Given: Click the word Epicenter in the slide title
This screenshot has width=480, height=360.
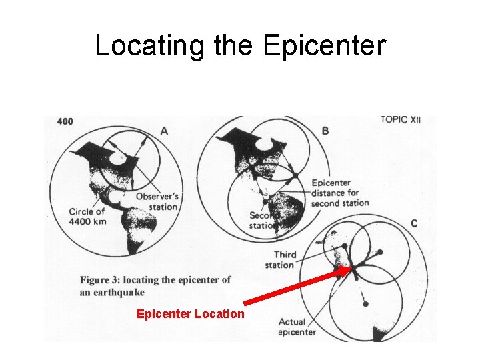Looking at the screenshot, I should click(324, 46).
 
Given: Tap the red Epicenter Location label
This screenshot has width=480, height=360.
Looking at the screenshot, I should click(190, 313).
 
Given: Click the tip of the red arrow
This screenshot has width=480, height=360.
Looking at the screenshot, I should click(348, 269).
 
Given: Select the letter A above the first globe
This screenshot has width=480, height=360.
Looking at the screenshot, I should click(164, 131).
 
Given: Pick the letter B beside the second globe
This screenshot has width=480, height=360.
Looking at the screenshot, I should click(325, 131).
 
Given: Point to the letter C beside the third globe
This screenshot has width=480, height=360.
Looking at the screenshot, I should click(414, 223).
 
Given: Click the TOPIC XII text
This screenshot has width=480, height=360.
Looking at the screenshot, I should click(401, 120).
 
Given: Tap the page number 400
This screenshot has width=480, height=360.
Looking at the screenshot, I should click(65, 121).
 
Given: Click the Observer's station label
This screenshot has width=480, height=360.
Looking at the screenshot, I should click(157, 201).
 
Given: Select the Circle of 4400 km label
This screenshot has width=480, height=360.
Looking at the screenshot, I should click(87, 216).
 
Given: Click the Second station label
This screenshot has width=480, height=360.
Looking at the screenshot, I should click(262, 221).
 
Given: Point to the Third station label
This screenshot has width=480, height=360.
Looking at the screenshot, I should click(285, 260).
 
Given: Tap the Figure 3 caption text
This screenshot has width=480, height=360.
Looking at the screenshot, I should click(155, 285).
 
